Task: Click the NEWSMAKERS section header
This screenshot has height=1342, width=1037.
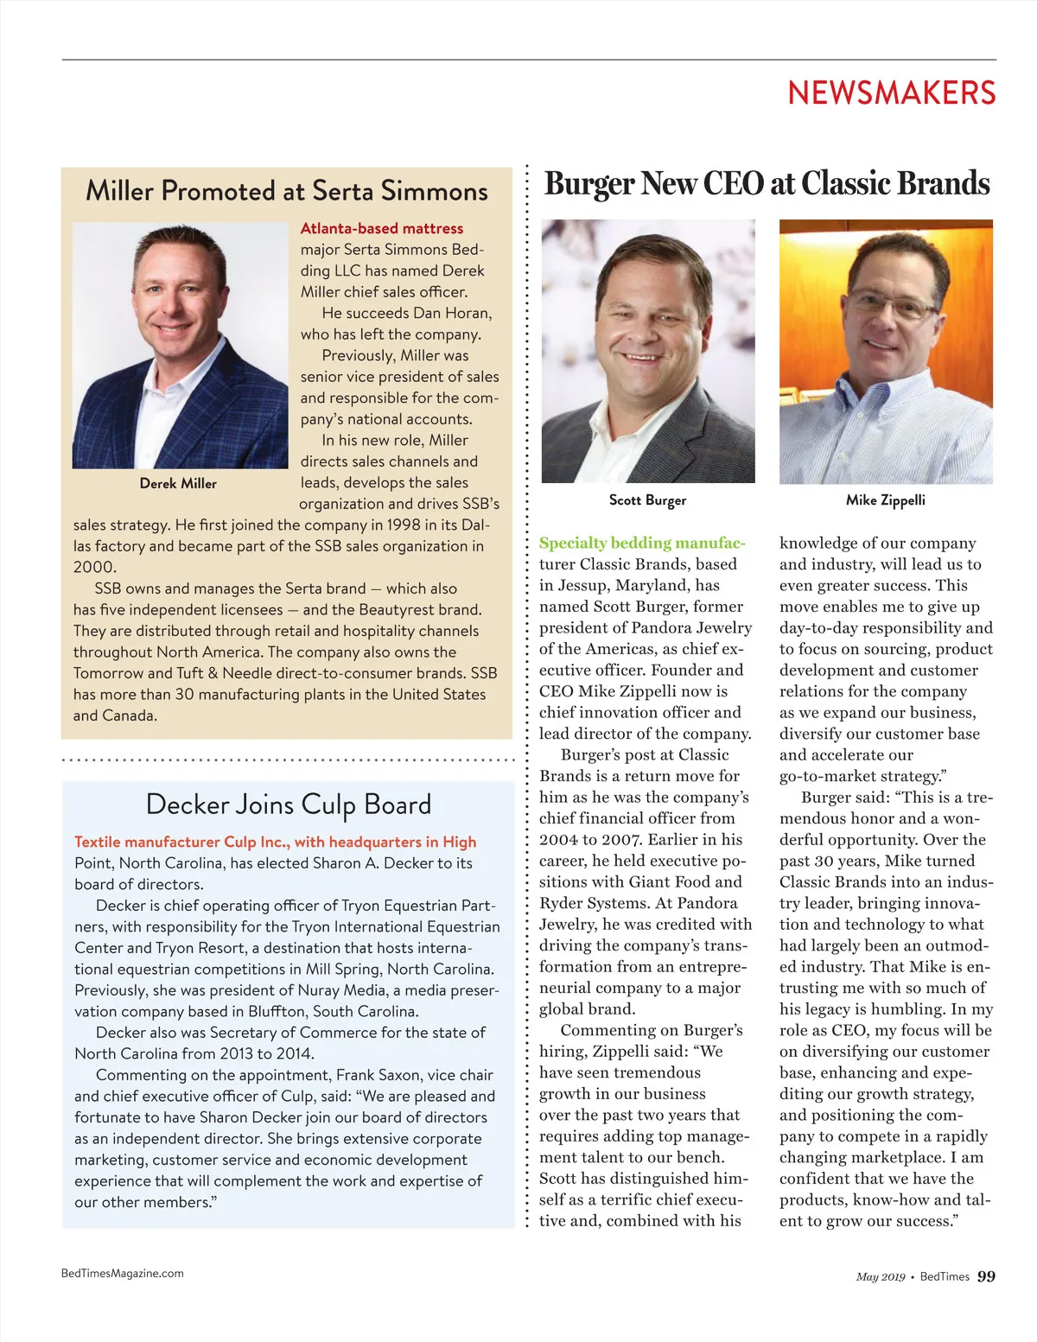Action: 891,93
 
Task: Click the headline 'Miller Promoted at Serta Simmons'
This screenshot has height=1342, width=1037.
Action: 287,191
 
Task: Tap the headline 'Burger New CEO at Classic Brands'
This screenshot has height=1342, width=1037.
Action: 767,184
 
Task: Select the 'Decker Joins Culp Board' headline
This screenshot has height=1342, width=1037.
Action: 288,805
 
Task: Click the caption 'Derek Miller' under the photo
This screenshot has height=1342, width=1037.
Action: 178,484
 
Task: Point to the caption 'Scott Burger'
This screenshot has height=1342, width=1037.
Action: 647,500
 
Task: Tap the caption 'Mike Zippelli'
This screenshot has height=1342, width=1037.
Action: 885,500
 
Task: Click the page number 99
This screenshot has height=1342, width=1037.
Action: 986,1276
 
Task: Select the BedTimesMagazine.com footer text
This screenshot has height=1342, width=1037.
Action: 123,1273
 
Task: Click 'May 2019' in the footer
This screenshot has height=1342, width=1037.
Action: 881,1277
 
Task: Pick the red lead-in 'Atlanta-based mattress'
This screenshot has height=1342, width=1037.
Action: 382,229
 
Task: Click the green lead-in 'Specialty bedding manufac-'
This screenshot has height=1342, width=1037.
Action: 641,544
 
